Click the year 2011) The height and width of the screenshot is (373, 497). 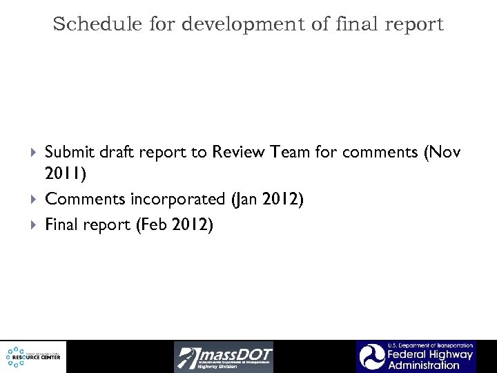[x=66, y=175]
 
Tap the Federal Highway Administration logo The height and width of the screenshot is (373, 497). [x=416, y=356]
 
